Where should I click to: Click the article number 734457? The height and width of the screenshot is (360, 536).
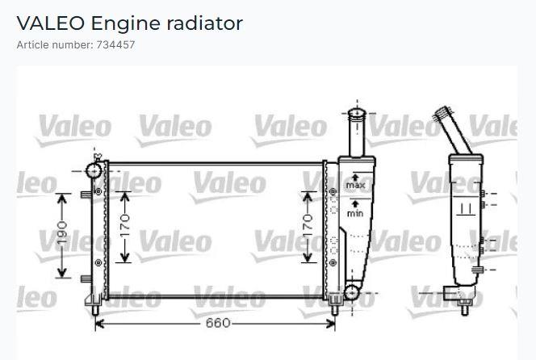(116, 44)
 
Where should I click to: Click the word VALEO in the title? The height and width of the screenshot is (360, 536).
(51, 23)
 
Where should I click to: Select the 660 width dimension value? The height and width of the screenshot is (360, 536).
(218, 323)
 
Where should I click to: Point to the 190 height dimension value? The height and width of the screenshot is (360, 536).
(62, 232)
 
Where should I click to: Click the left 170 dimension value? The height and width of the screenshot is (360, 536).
(125, 226)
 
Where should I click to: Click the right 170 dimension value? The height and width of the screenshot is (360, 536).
(308, 226)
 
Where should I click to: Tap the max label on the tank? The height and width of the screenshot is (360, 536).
(355, 186)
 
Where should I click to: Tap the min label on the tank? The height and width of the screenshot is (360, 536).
(355, 214)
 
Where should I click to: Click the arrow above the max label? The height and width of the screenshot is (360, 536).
(355, 178)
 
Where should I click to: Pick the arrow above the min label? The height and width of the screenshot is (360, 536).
(355, 204)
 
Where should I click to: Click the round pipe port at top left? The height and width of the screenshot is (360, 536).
(94, 170)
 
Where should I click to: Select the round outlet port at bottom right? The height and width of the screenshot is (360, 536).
(351, 293)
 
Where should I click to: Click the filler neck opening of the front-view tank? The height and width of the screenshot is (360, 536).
(357, 113)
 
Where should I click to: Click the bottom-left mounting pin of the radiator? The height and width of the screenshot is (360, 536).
(96, 310)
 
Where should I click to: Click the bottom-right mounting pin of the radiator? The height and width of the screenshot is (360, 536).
(335, 310)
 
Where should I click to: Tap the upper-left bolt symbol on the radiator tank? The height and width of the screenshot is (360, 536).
(98, 192)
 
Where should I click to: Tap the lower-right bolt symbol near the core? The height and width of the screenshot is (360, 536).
(333, 262)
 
